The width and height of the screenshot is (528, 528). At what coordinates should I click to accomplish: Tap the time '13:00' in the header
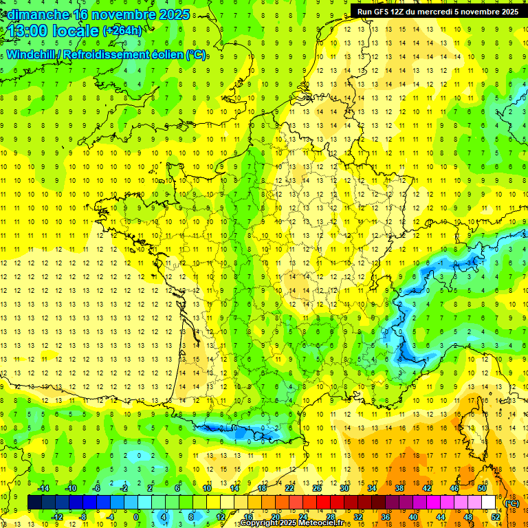tap(29, 31)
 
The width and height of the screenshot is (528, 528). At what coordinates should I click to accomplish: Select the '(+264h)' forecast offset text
tap(122, 31)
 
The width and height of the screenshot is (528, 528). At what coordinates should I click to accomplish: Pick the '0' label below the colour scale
tap(135, 517)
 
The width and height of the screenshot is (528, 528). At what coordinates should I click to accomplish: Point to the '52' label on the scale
tap(496, 517)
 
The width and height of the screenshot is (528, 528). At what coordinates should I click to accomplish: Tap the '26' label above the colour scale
tap(317, 488)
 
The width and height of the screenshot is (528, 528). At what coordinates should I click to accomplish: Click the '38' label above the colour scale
tap(399, 488)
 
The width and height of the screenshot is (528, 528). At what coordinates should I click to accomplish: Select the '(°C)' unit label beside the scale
tap(512, 503)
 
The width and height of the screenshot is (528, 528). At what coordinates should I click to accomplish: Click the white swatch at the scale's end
tap(489, 503)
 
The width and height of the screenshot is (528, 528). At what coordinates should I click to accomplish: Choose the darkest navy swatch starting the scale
tap(34, 503)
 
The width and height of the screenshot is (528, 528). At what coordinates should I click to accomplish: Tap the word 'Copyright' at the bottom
tap(261, 524)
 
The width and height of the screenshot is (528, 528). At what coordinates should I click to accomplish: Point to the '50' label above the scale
tap(482, 488)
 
